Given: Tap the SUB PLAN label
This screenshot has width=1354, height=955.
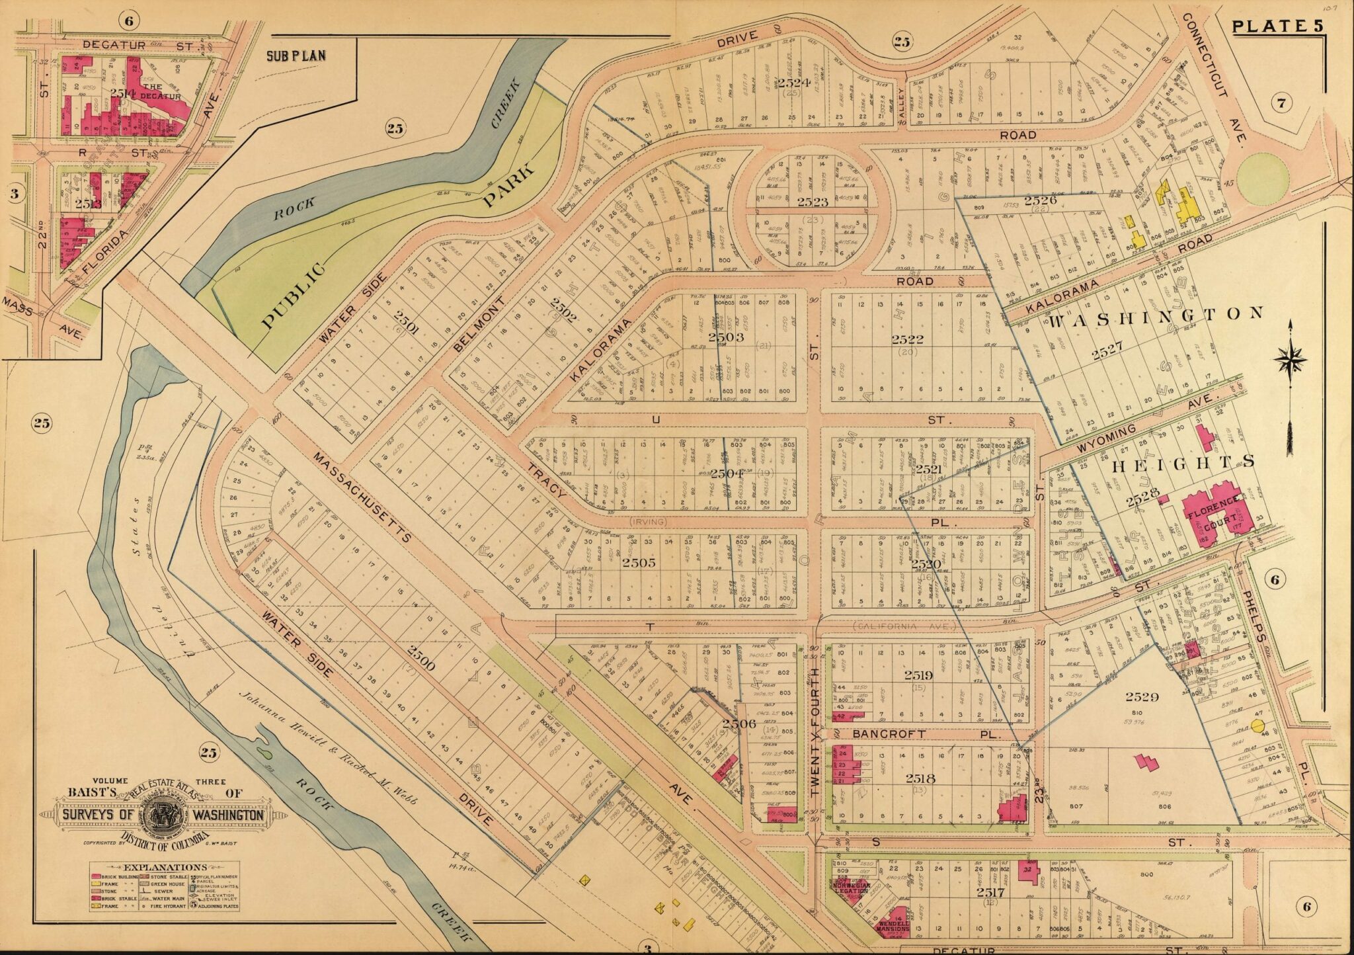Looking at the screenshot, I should click(x=296, y=56).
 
